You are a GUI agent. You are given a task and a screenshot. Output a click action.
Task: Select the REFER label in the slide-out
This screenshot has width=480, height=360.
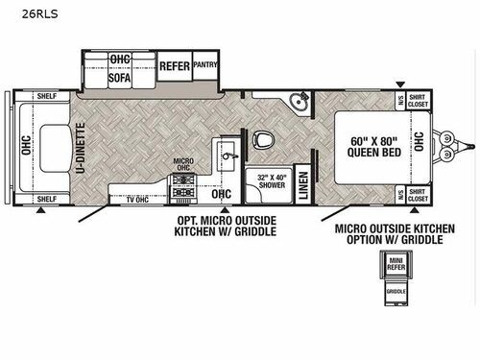click(x=174, y=66)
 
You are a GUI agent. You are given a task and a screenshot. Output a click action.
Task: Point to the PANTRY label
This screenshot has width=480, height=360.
click(x=205, y=65)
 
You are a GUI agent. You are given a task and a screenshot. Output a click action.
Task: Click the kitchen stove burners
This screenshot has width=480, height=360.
click(x=181, y=187)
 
